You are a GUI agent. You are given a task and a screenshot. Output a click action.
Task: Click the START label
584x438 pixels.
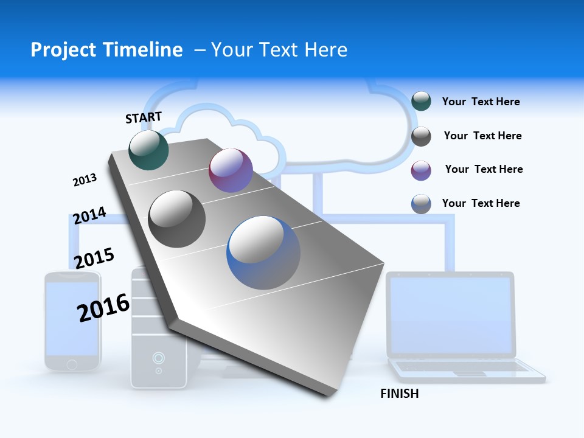[144, 117]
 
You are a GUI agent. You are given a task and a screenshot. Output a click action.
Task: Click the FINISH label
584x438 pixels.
[399, 394]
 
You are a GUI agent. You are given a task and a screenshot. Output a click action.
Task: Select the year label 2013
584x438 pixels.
[85, 180]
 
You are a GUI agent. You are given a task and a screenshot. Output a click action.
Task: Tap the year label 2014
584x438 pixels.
[89, 216]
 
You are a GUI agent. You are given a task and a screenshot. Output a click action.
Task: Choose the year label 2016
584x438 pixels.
[103, 307]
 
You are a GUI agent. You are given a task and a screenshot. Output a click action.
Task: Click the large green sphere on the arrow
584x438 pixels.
[149, 150]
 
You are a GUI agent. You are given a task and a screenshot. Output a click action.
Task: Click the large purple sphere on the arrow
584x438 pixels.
[231, 170]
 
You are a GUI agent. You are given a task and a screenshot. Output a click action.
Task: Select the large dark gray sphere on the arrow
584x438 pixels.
[177, 218]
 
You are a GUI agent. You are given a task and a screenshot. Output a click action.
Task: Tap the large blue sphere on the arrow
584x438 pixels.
[263, 252]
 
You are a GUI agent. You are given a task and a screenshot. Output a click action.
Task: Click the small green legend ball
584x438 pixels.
[421, 101]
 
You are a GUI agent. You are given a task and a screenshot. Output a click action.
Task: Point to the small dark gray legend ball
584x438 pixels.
[421, 136]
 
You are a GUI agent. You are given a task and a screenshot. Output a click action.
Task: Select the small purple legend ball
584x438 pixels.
[421, 170]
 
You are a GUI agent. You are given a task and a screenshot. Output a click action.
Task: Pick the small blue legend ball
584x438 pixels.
[421, 204]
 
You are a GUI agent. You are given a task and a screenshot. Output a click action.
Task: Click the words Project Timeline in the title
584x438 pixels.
[106, 50]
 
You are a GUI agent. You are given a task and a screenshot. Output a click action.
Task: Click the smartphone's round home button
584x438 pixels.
[72, 364]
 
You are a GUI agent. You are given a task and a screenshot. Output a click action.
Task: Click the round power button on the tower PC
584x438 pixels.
[158, 357]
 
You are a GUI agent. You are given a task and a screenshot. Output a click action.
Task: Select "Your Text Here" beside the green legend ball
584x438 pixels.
[481, 102]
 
